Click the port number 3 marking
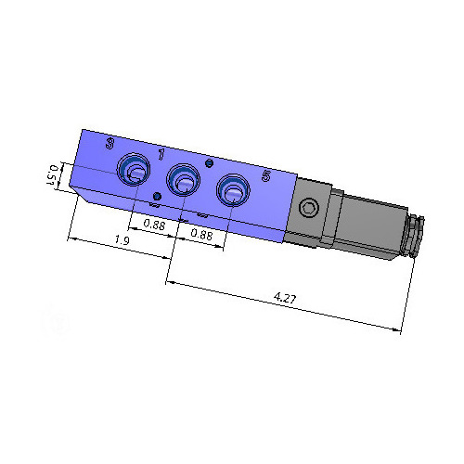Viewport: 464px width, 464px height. click(110, 143)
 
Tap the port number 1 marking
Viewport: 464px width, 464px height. click(161, 154)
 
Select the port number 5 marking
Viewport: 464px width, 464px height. click(266, 176)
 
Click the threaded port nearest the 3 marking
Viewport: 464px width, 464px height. click(134, 169)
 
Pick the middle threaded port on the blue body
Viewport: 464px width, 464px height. click(183, 180)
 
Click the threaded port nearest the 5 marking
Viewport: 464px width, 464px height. click(233, 190)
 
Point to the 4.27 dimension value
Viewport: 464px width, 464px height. click(285, 298)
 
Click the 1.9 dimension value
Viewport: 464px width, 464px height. click(122, 240)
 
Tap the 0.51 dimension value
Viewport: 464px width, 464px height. click(51, 175)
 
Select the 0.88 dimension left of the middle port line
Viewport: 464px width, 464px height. click(154, 225)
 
